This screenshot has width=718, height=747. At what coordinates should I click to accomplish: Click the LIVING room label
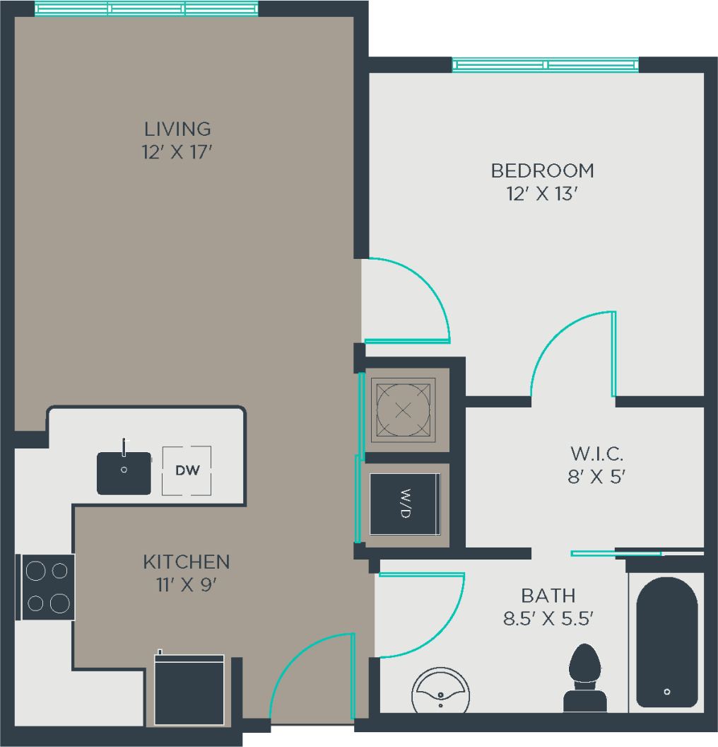pos(177,129)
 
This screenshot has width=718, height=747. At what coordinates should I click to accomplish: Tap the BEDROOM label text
pos(542,170)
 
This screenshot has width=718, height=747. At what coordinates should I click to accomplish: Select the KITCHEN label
pos(186,562)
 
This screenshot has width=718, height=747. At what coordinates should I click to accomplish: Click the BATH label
pos(548,595)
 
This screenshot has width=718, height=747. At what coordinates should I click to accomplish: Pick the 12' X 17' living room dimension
pos(177,152)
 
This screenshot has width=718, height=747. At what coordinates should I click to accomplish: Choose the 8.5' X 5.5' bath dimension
pos(548,619)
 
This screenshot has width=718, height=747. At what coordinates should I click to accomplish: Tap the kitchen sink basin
pos(124,473)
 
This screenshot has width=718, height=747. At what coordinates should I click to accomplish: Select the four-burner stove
pos(48,586)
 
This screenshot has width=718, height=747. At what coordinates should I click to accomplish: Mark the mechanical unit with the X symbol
pos(403,410)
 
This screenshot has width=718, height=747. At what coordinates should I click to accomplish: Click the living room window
pos(146,8)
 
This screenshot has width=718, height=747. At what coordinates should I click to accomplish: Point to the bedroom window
pos(545,65)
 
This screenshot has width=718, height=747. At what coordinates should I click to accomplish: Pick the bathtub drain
pos(667,692)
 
